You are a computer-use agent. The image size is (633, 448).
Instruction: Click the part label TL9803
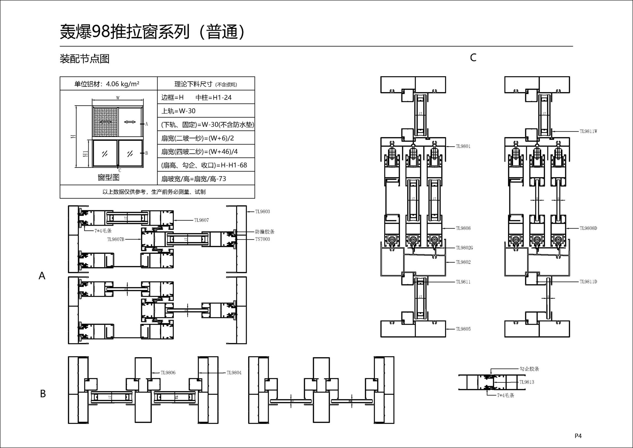point(262,211)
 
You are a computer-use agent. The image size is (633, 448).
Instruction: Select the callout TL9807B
point(115,239)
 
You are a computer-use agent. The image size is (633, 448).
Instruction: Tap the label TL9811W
point(588,131)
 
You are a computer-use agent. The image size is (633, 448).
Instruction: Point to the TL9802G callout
point(464,248)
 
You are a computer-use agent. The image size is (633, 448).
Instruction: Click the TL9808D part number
point(588,228)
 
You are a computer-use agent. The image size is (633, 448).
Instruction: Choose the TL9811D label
point(588,282)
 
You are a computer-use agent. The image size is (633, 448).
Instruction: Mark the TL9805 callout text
point(463,329)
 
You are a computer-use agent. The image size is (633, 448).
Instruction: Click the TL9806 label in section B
point(168,373)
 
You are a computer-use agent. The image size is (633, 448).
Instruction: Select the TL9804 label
point(234,373)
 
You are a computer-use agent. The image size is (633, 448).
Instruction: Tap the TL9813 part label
point(527,382)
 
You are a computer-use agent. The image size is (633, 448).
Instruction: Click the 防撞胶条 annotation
point(265,232)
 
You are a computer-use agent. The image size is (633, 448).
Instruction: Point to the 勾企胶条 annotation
point(529,369)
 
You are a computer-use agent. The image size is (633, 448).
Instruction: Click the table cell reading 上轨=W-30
point(178,111)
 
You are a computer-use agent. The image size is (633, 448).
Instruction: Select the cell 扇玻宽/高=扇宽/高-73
point(194,179)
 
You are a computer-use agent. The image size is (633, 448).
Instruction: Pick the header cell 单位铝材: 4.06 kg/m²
point(107,84)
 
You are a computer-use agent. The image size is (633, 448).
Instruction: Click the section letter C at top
point(473,58)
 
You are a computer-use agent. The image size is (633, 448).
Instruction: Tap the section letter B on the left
point(43,394)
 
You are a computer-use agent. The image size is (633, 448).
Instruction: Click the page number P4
point(578,436)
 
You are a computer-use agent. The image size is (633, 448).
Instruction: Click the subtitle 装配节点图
point(84,59)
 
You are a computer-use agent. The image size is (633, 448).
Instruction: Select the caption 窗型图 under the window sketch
point(108,177)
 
